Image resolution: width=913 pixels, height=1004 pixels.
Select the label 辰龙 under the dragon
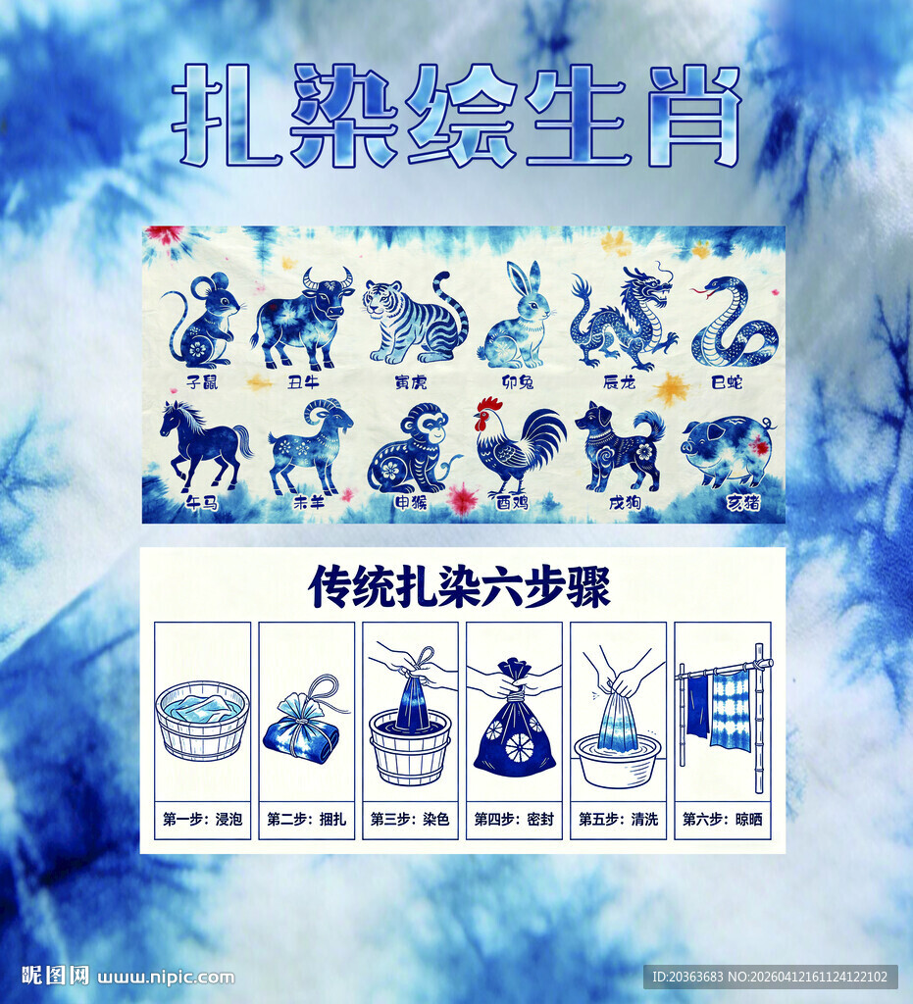coord(620,380)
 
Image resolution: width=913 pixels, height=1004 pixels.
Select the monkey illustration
coord(410,448)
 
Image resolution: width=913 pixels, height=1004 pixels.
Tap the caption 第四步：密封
coord(514,819)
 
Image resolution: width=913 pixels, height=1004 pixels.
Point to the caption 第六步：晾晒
coord(722,819)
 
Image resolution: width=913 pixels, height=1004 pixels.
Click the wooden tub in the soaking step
coord(203,721)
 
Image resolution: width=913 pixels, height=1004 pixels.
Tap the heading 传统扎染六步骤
coord(460,587)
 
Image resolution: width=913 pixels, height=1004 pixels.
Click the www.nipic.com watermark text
coord(167,977)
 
